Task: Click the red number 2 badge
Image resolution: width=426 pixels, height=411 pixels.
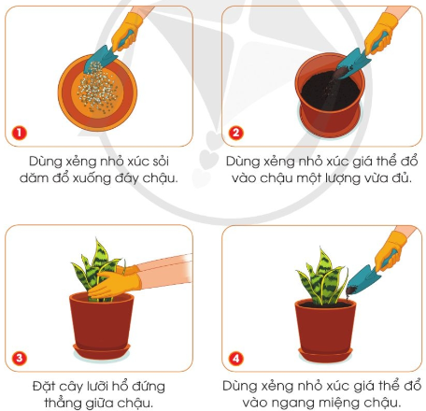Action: tap(236, 133)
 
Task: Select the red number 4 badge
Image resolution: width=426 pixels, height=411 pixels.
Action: tap(236, 356)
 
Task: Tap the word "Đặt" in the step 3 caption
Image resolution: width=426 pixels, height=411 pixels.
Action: tap(41, 384)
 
